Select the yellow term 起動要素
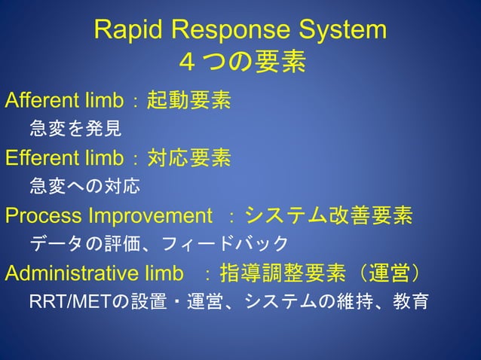tap(189, 100)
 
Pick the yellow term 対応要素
tap(189, 157)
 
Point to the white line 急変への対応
tap(84, 185)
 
